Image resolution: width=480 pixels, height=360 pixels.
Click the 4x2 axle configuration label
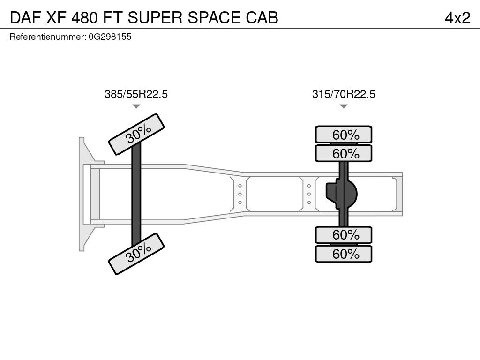(457, 18)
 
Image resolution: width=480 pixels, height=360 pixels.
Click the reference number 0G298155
(110, 37)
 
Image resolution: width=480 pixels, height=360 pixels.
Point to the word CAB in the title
(262, 18)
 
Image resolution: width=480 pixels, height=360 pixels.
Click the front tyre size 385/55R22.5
(136, 94)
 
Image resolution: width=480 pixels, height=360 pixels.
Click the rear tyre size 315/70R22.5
(344, 94)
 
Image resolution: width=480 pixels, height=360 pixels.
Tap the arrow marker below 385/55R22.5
(136, 106)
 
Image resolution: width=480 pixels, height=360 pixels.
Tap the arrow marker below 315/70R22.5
(344, 106)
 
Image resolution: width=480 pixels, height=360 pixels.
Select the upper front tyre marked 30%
(136, 134)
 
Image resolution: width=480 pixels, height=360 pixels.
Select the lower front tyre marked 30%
(136, 254)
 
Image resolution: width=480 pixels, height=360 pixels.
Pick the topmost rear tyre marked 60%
(344, 134)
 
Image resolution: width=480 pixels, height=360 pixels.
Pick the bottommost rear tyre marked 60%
(344, 254)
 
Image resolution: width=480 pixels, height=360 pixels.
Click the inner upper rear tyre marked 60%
(344, 153)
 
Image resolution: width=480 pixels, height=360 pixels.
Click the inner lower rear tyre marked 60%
(344, 235)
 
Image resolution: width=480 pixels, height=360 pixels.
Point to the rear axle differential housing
(341, 194)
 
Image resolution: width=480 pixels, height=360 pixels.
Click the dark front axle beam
(136, 194)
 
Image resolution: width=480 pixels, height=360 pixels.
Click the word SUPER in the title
(155, 18)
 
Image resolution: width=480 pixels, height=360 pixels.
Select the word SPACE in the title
(214, 18)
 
